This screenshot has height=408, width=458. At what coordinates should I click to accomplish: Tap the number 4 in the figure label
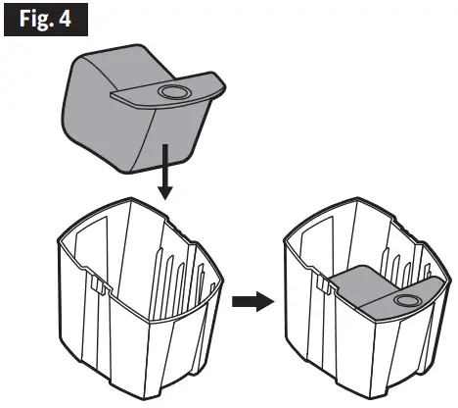tap(69, 20)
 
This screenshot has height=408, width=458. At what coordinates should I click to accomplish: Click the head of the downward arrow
tap(166, 193)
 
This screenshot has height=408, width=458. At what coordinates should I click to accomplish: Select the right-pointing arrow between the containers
tap(250, 302)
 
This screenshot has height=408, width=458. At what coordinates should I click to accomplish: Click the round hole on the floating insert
tap(174, 91)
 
